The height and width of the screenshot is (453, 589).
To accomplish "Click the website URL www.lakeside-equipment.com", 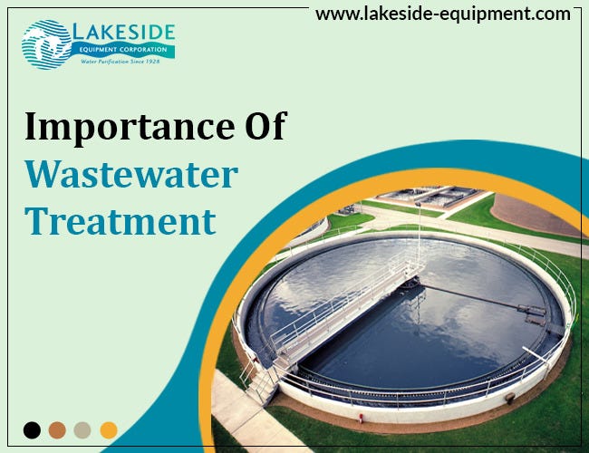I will pos(443,14).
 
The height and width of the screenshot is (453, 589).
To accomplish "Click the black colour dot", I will pos(32,429).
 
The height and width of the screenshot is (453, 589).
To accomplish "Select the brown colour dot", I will pos(57,429).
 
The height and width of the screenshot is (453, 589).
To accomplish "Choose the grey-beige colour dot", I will pos(82,429).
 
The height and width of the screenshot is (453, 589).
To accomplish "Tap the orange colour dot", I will pos(108,429).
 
